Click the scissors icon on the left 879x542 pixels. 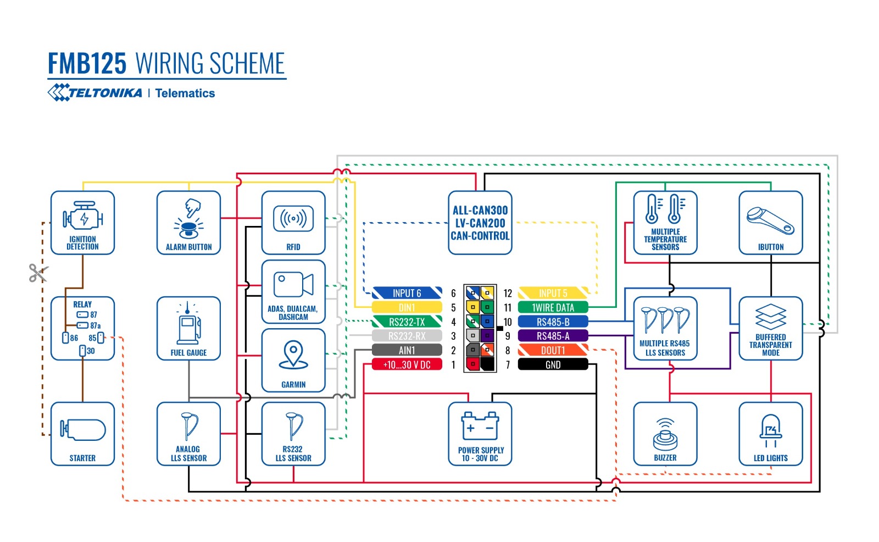(38, 273)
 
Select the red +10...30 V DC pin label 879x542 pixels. (407, 364)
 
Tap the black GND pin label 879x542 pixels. (553, 364)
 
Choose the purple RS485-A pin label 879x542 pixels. (553, 336)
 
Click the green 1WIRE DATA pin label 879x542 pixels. (553, 308)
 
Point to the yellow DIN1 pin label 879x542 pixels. (407, 308)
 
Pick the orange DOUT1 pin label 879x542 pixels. (553, 350)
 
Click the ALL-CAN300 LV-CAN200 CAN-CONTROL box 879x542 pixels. (480, 223)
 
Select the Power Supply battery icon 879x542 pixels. (480, 425)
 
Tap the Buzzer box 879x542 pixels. (665, 434)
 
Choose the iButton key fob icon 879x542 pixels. (770, 220)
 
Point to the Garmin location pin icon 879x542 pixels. (293, 355)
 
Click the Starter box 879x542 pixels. (82, 434)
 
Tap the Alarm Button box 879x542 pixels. (188, 223)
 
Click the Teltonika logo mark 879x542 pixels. (58, 92)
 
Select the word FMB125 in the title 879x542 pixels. (87, 63)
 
